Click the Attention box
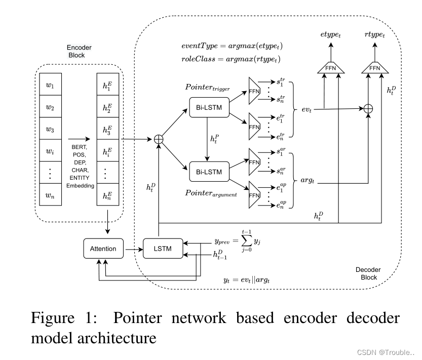[x=103, y=249]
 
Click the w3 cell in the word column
[x=50, y=129]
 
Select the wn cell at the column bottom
[x=50, y=195]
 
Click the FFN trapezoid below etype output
[x=330, y=67]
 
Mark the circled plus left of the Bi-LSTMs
[x=160, y=138]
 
